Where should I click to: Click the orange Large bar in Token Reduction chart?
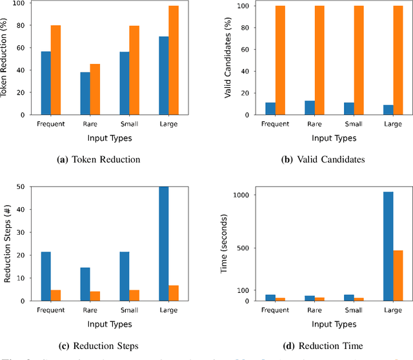tap(174, 60)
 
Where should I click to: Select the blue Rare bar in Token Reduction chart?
tap(85, 94)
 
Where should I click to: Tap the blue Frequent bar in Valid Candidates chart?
tap(270, 108)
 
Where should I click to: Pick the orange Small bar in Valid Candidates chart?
tap(359, 60)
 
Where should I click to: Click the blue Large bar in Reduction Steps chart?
tap(164, 244)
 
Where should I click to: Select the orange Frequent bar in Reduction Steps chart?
tap(55, 295)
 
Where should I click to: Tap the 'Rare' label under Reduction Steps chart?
tap(90, 310)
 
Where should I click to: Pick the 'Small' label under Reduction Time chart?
tap(354, 310)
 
